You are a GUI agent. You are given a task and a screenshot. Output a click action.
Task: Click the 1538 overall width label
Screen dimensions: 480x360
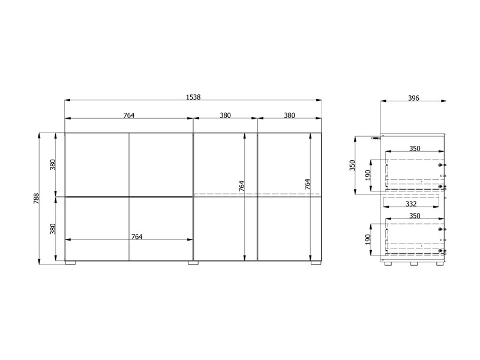click(x=193, y=97)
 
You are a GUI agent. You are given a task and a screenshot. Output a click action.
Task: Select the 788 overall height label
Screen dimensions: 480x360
click(x=37, y=199)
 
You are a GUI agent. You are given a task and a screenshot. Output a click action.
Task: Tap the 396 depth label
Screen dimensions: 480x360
click(x=413, y=98)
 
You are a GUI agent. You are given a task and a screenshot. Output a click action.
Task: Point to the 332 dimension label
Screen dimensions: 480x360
click(x=411, y=204)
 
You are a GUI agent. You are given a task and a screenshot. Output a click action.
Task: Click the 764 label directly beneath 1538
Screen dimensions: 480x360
click(x=129, y=115)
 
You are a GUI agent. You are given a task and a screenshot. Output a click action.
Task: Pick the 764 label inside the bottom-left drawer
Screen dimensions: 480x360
click(x=137, y=236)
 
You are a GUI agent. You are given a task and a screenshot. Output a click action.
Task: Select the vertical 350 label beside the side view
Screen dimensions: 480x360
click(x=352, y=166)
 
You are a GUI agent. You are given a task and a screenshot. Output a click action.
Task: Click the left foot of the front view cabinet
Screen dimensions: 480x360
click(x=70, y=263)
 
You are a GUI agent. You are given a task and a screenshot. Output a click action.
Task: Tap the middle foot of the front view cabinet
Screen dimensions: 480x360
click(x=193, y=263)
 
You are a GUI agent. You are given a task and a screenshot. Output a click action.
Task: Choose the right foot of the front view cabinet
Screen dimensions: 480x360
click(x=316, y=263)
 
